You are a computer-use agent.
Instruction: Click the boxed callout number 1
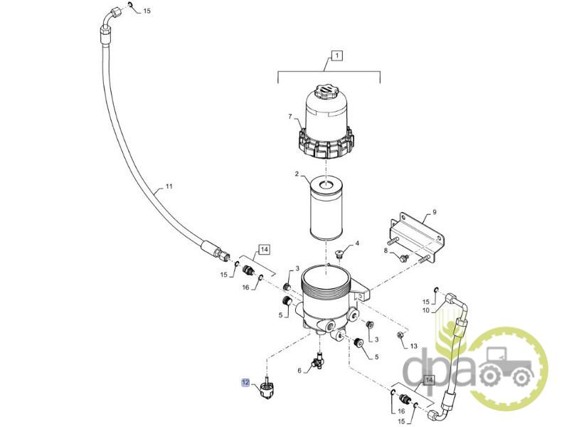tap(336, 56)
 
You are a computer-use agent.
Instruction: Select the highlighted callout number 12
tap(245, 382)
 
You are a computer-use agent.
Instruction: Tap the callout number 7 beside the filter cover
tap(290, 117)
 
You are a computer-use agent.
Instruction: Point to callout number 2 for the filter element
tap(297, 174)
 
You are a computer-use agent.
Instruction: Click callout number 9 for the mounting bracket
tap(435, 212)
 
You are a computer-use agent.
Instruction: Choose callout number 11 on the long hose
tap(169, 186)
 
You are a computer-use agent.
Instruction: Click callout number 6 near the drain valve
tap(299, 371)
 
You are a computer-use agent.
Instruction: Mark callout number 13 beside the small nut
tap(414, 347)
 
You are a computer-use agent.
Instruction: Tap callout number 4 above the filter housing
tap(357, 243)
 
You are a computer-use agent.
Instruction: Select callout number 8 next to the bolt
tap(385, 251)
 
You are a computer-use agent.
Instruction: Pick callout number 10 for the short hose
tap(425, 310)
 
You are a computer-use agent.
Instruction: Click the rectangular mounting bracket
tap(418, 236)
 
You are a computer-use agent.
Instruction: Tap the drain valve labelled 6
tap(318, 362)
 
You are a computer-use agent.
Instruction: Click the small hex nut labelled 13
tap(400, 335)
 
